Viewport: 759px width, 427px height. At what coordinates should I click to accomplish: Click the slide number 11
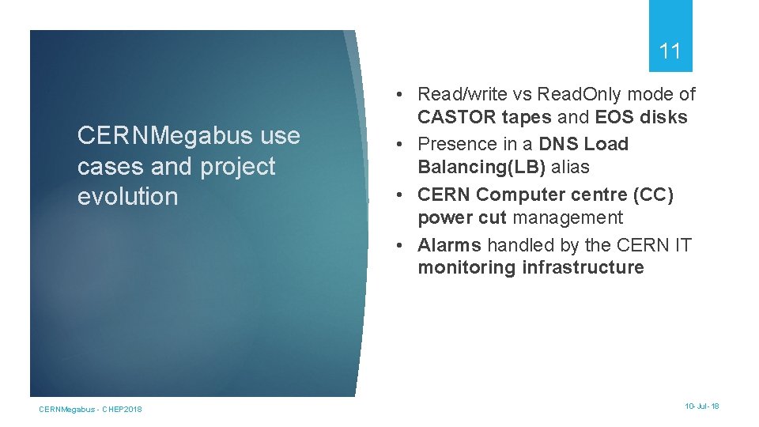point(670,52)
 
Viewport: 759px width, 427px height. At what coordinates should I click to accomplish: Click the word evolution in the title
point(128,197)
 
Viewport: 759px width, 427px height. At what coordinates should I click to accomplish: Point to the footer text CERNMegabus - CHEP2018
point(91,409)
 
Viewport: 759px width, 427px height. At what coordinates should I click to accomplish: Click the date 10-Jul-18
point(702,406)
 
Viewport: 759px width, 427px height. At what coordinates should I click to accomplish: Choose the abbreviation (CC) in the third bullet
point(651,195)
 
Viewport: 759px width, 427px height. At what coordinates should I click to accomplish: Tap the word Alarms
point(449,245)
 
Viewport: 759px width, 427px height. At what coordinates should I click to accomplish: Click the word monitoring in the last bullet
point(467,267)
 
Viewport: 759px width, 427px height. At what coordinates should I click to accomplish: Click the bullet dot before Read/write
point(402,95)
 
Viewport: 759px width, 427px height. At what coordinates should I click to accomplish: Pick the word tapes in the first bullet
point(529,118)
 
